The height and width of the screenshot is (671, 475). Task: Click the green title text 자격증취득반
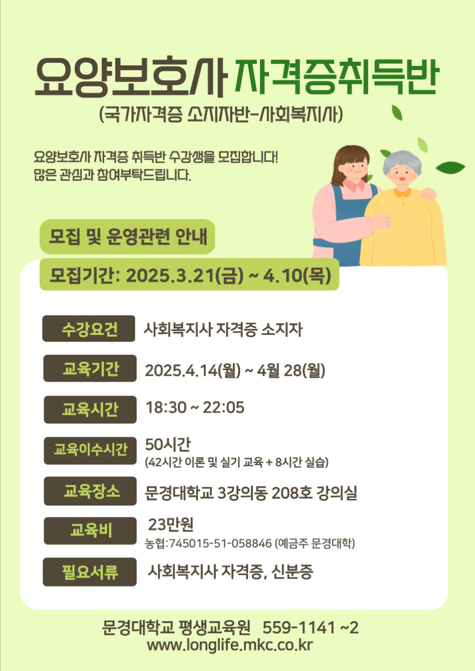click(x=337, y=77)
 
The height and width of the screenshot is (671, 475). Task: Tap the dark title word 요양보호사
click(x=130, y=77)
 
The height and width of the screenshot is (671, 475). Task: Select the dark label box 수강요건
click(x=89, y=329)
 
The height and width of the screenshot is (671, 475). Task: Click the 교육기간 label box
click(x=90, y=368)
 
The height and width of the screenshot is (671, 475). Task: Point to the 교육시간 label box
click(x=90, y=409)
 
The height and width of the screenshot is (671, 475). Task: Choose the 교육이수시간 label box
click(x=90, y=450)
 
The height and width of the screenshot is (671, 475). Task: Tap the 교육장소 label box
click(x=90, y=491)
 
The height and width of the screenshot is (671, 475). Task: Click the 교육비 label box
click(x=90, y=531)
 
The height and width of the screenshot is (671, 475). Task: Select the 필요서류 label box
click(x=90, y=572)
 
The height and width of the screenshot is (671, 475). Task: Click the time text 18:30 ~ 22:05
click(x=195, y=407)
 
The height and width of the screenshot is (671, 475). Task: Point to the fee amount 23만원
click(x=171, y=524)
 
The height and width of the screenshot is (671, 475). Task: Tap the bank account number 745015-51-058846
click(x=220, y=543)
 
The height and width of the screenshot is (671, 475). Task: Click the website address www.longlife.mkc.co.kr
click(x=230, y=645)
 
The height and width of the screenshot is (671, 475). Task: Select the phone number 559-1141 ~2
click(x=310, y=627)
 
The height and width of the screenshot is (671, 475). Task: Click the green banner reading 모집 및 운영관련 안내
click(x=128, y=237)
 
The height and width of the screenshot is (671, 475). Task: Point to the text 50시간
click(x=167, y=444)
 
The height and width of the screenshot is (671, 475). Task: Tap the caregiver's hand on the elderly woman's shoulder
click(x=428, y=194)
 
